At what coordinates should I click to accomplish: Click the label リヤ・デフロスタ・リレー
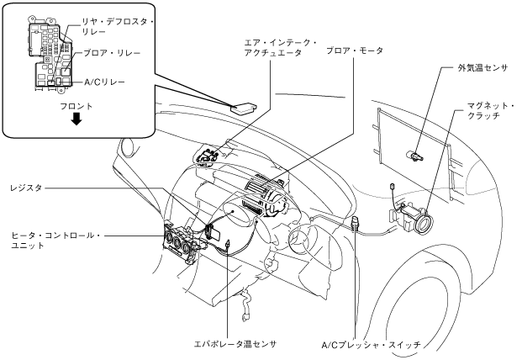pyautogui.click(x=119, y=27)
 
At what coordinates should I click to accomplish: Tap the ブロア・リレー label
pyautogui.click(x=112, y=53)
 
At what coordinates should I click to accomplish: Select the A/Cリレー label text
pyautogui.click(x=104, y=82)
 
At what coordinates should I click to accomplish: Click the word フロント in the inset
pyautogui.click(x=76, y=107)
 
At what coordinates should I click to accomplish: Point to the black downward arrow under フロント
pyautogui.click(x=76, y=119)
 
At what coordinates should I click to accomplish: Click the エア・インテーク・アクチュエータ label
pyautogui.click(x=281, y=48)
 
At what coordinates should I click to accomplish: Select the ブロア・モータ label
pyautogui.click(x=355, y=50)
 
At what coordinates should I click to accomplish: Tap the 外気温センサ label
pyautogui.click(x=483, y=68)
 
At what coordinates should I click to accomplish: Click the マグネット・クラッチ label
pyautogui.click(x=491, y=111)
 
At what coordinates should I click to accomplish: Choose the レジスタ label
pyautogui.click(x=26, y=188)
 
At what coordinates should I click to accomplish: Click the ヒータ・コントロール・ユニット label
pyautogui.click(x=55, y=241)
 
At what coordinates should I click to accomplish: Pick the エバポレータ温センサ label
pyautogui.click(x=235, y=344)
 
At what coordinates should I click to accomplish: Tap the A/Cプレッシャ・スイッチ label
pyautogui.click(x=372, y=345)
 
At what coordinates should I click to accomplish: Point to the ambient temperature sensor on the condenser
pyautogui.click(x=414, y=156)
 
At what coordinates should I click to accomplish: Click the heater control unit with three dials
pyautogui.click(x=182, y=243)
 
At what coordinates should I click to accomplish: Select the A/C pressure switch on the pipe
pyautogui.click(x=356, y=222)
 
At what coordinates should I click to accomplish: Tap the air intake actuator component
pyautogui.click(x=207, y=156)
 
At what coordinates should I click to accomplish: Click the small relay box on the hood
pyautogui.click(x=244, y=107)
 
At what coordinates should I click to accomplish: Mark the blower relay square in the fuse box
pyautogui.click(x=66, y=71)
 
